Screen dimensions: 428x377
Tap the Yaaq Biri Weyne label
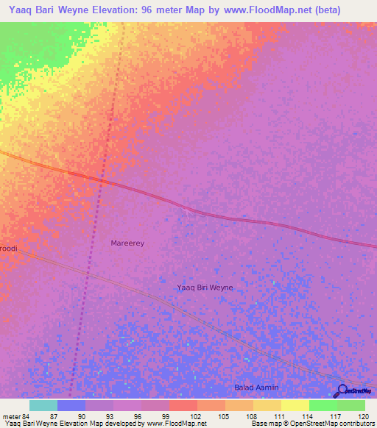click(x=205, y=288)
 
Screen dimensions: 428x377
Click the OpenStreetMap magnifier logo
click(x=341, y=391)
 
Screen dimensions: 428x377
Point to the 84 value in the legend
click(x=28, y=415)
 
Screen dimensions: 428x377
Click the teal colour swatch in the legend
click(x=43, y=405)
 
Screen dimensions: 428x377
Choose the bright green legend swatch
click(x=323, y=405)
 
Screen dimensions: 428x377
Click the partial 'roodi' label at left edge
click(x=8, y=249)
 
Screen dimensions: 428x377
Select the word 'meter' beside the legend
click(x=10, y=415)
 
